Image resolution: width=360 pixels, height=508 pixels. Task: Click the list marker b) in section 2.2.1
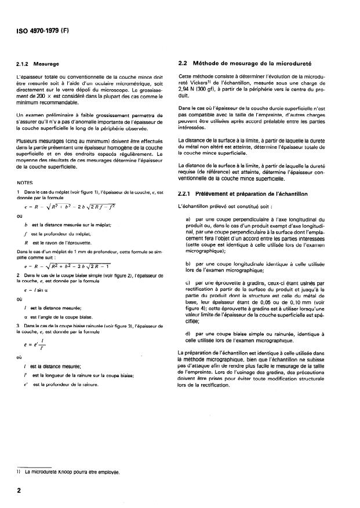pyautogui.click(x=188, y=264)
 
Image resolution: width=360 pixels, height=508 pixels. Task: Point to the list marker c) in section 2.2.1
pyautogui.click(x=188, y=282)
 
